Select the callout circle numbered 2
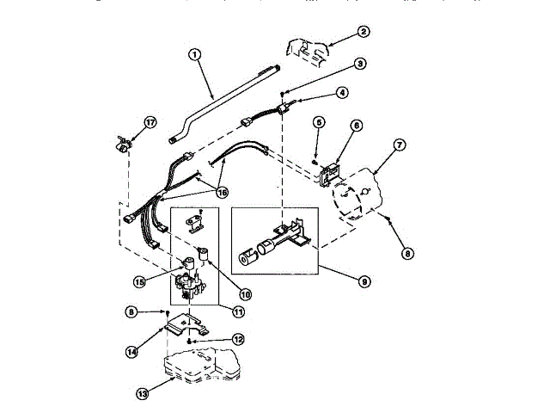[364, 32]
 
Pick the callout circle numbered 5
[317, 123]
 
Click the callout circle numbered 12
[238, 339]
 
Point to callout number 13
[143, 393]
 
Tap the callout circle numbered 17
[150, 123]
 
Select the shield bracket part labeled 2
[305, 49]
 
